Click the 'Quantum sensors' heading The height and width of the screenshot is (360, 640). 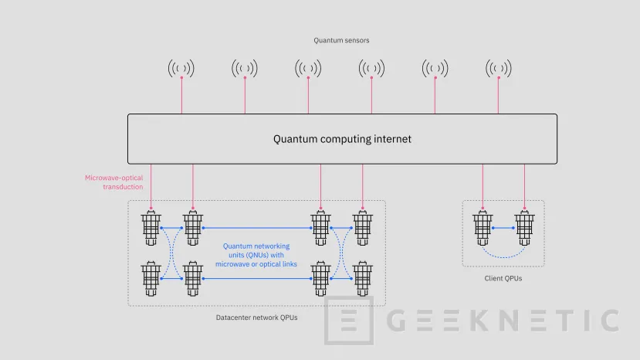341,39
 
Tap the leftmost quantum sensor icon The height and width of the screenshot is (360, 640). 181,70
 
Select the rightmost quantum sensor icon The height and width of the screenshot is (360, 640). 498,70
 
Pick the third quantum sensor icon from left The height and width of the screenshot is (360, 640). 308,70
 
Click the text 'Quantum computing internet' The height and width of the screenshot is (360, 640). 342,140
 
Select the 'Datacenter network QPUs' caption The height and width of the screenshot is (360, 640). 256,318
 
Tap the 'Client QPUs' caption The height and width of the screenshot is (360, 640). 503,278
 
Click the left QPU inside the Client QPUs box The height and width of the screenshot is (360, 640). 483,228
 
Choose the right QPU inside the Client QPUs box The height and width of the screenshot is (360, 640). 524,228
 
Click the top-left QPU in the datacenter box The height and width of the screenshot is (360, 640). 151,229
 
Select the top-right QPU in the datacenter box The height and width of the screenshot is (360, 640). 362,229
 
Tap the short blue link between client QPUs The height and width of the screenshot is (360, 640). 503,228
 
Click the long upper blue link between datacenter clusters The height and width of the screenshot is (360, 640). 256,228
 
